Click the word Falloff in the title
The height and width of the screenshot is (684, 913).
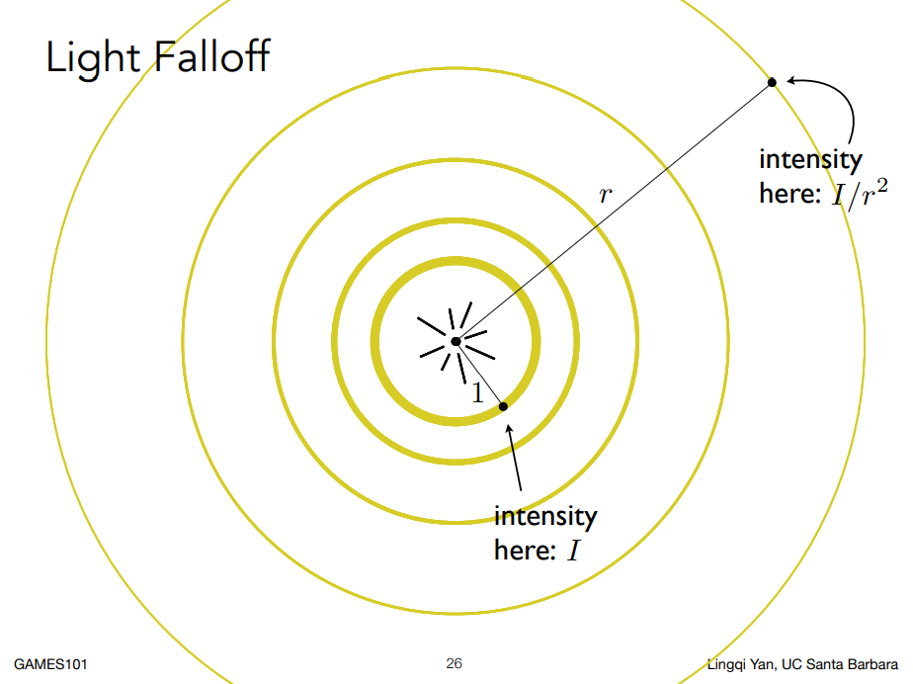point(212,56)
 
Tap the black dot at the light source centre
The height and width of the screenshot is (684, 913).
point(456,341)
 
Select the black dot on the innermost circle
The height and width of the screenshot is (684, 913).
point(503,406)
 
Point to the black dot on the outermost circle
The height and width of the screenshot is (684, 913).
point(772,82)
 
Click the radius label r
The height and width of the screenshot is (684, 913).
point(606,194)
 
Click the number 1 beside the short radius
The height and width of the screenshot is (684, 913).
point(477,392)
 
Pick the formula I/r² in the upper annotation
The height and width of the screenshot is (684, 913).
point(860,193)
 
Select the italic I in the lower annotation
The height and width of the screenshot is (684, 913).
point(574,550)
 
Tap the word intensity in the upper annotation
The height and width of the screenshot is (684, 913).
point(810,160)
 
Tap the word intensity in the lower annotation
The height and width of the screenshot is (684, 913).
point(545,516)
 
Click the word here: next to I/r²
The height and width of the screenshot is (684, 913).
point(790,194)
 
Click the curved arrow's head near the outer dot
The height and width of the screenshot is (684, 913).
point(791,80)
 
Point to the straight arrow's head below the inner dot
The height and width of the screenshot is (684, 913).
point(510,430)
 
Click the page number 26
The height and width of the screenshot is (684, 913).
point(455,663)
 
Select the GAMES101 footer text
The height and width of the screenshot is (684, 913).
point(50,664)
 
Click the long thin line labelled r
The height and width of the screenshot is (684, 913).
point(614,213)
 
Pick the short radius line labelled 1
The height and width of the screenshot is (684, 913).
point(480,374)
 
